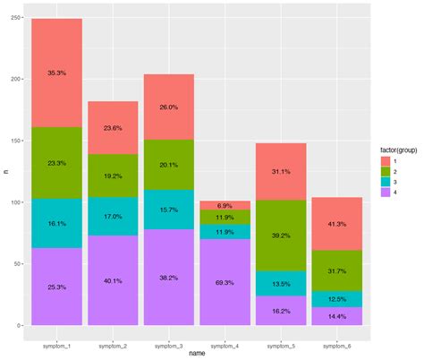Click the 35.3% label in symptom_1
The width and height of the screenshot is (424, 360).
pyautogui.click(x=56, y=73)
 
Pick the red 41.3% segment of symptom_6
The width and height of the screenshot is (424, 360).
pyautogui.click(x=337, y=223)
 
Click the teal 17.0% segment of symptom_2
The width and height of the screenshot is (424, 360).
pyautogui.click(x=113, y=216)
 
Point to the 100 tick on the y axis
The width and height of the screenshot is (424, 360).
pyautogui.click(x=15, y=202)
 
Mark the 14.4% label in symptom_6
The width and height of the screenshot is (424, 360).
pyautogui.click(x=337, y=316)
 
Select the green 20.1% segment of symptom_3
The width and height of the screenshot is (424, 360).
pyautogui.click(x=169, y=165)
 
